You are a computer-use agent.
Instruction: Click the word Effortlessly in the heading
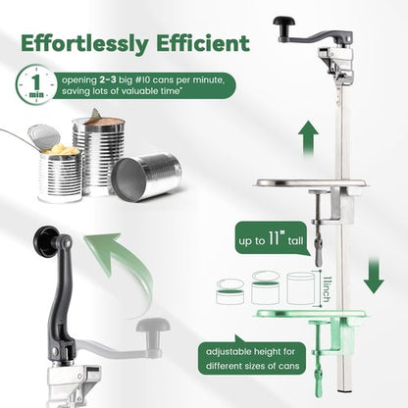[85, 43]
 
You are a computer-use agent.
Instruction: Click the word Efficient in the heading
[203, 43]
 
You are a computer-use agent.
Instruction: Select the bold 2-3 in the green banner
[108, 80]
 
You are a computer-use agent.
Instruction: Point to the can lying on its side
[146, 177]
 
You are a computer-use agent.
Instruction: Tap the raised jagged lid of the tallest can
[94, 115]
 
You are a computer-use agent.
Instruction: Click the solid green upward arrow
[309, 138]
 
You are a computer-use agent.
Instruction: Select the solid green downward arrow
[374, 275]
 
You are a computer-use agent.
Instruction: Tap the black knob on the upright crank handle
[46, 241]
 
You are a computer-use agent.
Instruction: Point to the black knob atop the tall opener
[283, 23]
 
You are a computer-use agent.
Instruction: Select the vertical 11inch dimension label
[326, 289]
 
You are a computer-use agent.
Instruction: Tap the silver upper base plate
[311, 183]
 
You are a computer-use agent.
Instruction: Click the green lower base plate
[310, 315]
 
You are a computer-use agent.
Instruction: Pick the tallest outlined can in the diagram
[301, 288]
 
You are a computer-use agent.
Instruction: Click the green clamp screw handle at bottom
[319, 380]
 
